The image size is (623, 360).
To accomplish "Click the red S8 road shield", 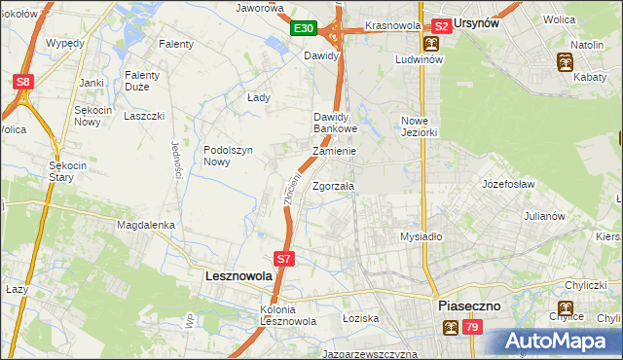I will (x=23, y=83).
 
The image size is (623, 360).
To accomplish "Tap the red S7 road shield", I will (x=283, y=259).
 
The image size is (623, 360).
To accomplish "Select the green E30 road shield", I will (x=303, y=29).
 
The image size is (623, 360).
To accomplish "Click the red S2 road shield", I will (x=441, y=26).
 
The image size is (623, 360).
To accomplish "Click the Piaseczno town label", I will (x=468, y=305).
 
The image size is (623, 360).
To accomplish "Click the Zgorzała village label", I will (x=334, y=186).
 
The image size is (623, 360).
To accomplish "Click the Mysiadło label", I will (x=421, y=235).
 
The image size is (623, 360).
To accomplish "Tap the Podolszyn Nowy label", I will (x=229, y=156).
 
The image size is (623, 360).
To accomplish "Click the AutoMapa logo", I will (x=563, y=341).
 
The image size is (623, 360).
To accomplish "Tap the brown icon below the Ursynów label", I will (x=430, y=45).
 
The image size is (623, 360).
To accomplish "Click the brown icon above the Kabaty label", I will (x=565, y=64).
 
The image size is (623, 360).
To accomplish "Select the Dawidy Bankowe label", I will (x=336, y=123).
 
